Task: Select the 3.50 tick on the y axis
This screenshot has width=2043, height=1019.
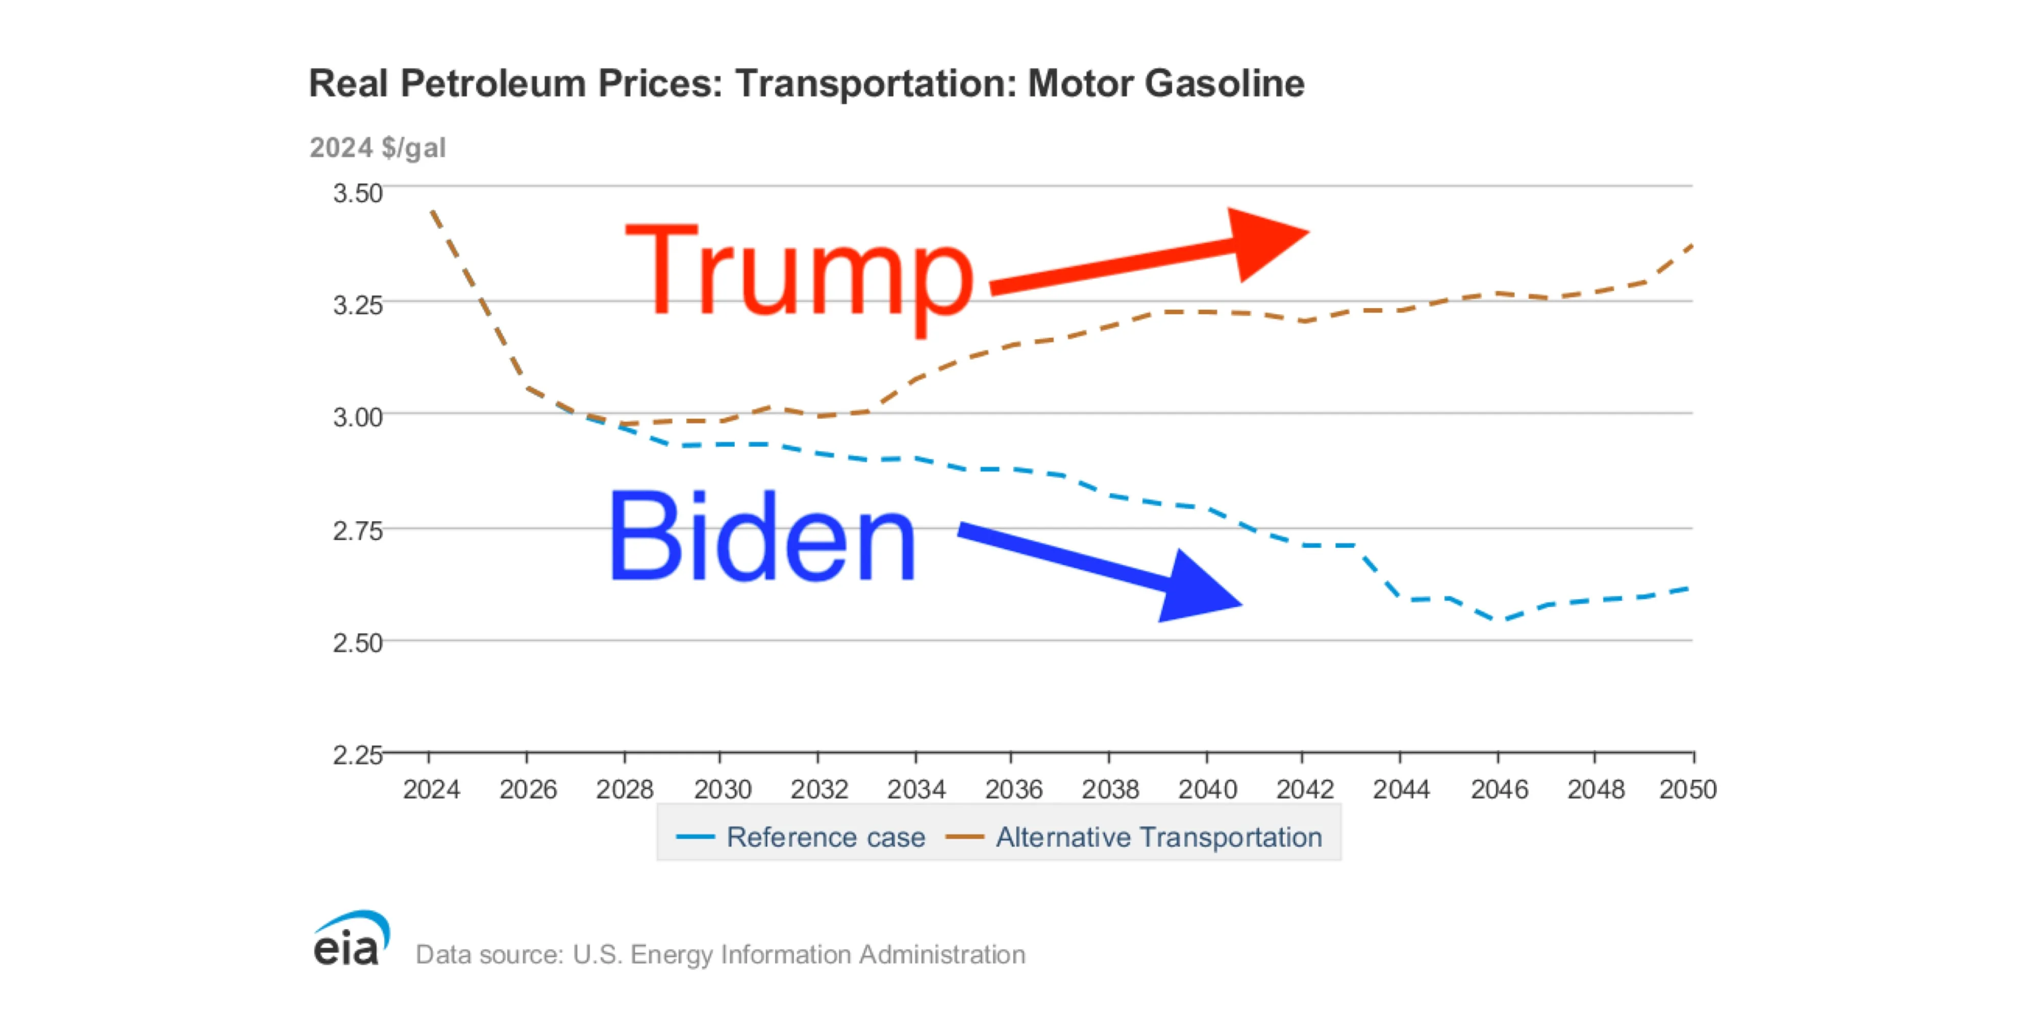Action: coord(357,193)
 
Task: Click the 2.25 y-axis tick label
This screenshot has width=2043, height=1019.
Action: coord(357,753)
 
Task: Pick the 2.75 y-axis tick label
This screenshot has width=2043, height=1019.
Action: coord(357,530)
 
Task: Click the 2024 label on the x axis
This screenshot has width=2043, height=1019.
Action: coord(431,789)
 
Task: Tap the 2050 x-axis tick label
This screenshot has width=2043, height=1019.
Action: coord(1688,789)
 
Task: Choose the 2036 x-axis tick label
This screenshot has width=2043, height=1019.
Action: coord(1013,789)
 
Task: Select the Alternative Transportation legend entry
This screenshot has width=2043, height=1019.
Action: coord(1134,836)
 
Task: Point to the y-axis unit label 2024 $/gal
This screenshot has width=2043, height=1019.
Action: coord(378,147)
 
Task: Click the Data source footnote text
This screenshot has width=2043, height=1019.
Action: coord(720,954)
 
